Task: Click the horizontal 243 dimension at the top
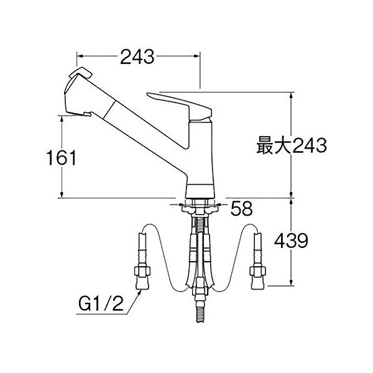pos(137,57)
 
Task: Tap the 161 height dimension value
pos(62,157)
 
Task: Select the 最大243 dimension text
pos(292,145)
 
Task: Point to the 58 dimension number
pos(242,208)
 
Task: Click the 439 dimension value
pos(291,240)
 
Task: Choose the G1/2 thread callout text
pos(101,304)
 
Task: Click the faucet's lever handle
pos(179,105)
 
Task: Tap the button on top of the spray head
pos(80,72)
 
